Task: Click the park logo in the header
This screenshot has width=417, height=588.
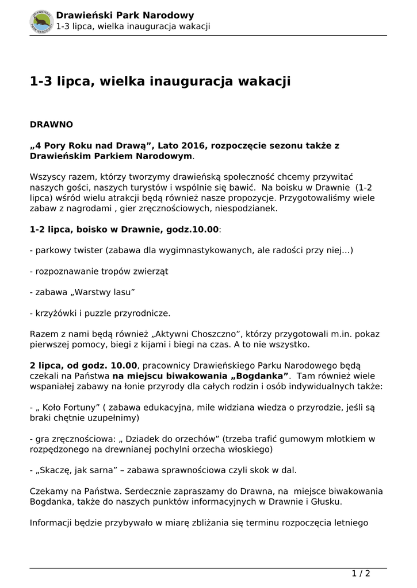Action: pyautogui.click(x=41, y=21)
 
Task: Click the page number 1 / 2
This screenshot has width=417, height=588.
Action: pyautogui.click(x=361, y=573)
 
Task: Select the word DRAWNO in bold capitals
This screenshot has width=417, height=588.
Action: pyautogui.click(x=51, y=124)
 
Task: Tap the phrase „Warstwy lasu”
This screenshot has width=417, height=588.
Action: pyautogui.click(x=101, y=292)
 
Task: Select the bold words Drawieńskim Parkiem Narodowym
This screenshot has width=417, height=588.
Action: pyautogui.click(x=111, y=156)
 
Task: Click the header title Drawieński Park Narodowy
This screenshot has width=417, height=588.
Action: pyautogui.click(x=124, y=16)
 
